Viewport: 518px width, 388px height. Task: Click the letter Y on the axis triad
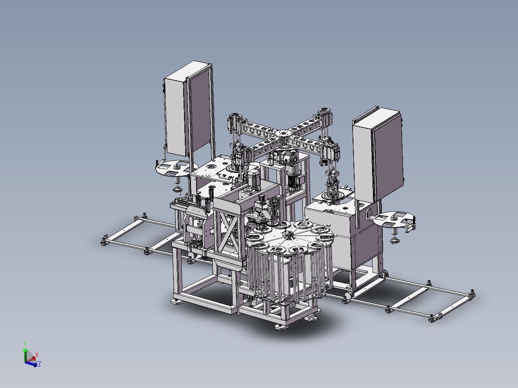pos(25,344)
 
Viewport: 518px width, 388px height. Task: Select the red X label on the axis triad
pos(37,355)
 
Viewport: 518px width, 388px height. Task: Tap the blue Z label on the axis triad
pos(39,364)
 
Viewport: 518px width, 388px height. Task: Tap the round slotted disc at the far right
pos(394,219)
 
